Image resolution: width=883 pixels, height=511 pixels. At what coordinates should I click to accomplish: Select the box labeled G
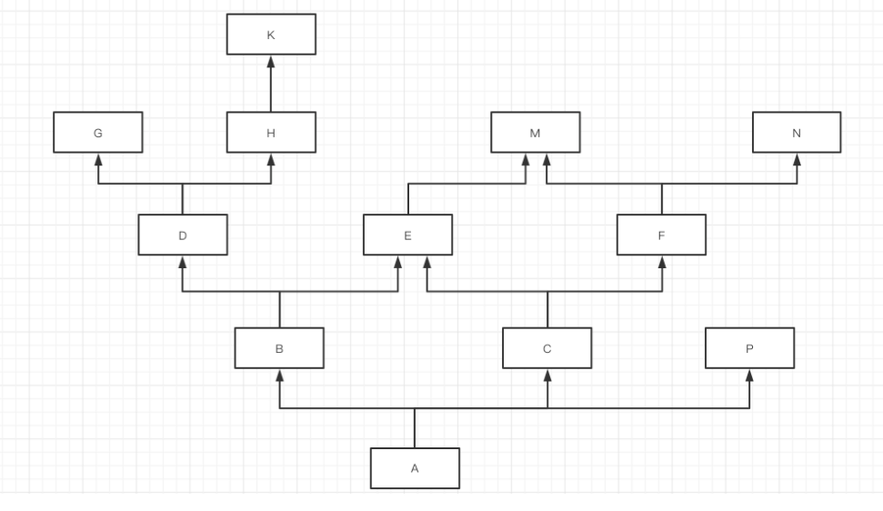97,133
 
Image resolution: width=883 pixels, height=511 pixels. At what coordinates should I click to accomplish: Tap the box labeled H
271,133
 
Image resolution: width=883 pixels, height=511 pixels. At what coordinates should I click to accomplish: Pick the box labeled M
535,133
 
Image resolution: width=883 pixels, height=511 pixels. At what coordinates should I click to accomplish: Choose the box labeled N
797,133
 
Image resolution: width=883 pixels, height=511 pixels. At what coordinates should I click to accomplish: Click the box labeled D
183,235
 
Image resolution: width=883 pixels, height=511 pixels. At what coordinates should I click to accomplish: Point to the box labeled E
407,235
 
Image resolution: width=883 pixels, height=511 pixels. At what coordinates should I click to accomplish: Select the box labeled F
661,235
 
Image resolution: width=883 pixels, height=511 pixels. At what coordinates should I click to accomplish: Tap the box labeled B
279,347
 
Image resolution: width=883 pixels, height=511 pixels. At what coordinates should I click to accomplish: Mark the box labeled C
547,347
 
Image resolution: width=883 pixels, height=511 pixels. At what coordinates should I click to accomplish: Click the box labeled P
749,347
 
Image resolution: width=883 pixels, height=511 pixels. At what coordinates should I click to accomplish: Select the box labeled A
415,468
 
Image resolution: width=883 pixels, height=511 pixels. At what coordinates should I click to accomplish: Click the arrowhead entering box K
271,61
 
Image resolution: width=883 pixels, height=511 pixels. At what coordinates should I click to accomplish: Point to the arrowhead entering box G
97,160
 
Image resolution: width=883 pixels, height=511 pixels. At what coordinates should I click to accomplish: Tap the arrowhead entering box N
797,160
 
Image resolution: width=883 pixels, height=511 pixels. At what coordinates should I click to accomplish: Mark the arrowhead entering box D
183,262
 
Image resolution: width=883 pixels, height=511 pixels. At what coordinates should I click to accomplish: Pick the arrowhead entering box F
661,262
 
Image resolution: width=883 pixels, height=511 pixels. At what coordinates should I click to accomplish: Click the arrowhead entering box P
749,375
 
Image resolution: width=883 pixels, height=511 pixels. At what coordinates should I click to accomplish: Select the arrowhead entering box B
279,375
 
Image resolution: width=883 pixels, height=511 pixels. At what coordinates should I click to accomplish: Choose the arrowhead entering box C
547,375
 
